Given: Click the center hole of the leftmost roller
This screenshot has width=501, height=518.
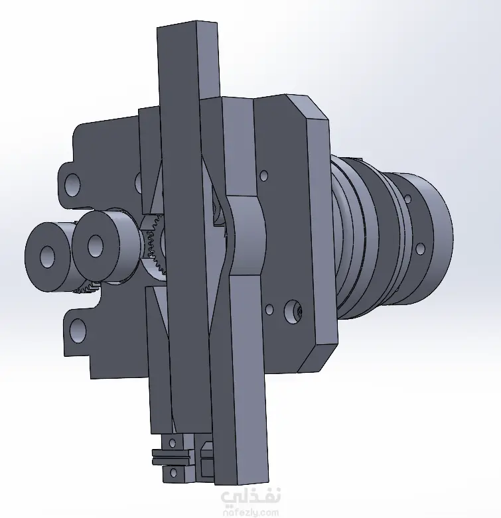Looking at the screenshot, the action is click(x=47, y=257).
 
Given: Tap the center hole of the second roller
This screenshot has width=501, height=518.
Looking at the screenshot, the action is click(x=95, y=246).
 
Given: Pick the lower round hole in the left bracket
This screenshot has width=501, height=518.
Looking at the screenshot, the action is click(x=78, y=330).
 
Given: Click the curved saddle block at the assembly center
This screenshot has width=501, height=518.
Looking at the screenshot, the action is click(x=246, y=235).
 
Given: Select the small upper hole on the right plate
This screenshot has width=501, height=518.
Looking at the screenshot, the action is click(x=263, y=175).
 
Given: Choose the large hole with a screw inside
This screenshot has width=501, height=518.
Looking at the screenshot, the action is click(x=293, y=311).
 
